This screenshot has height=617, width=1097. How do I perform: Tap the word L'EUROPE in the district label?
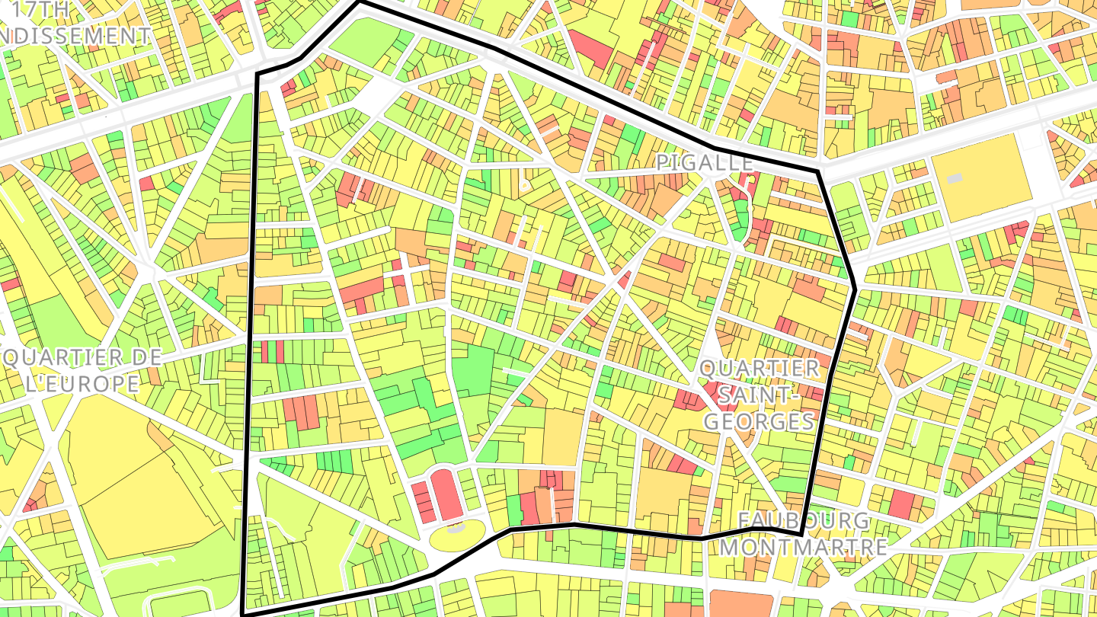click(x=82, y=383)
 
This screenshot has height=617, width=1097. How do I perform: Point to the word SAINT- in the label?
click(x=760, y=395)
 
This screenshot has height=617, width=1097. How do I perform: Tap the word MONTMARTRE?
click(x=804, y=547)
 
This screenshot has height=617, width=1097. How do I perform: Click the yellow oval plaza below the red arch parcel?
click(x=457, y=536)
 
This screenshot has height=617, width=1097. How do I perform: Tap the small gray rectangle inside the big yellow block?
click(x=954, y=178)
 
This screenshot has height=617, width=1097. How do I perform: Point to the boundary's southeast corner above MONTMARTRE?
click(x=804, y=535)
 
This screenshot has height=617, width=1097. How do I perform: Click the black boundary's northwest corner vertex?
click(x=257, y=74)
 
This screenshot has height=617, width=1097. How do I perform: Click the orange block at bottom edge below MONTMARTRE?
click(x=740, y=603)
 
